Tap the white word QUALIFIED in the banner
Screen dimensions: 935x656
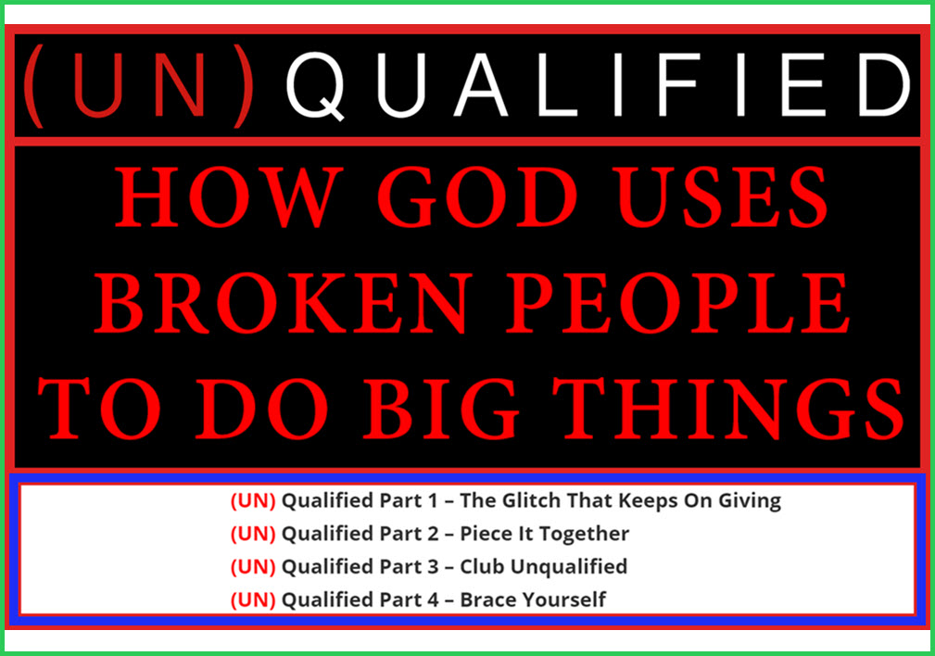coord(598,85)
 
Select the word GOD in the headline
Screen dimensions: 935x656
coord(478,197)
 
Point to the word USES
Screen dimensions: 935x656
coord(723,197)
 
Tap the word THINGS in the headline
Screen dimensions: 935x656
coord(728,410)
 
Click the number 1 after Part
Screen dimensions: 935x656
coord(433,501)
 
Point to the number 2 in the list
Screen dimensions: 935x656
coord(433,534)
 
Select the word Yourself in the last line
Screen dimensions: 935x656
coord(562,599)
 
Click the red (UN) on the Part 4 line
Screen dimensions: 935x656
coord(253,599)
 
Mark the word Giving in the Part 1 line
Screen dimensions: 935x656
coord(749,501)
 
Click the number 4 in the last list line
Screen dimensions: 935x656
coord(433,599)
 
